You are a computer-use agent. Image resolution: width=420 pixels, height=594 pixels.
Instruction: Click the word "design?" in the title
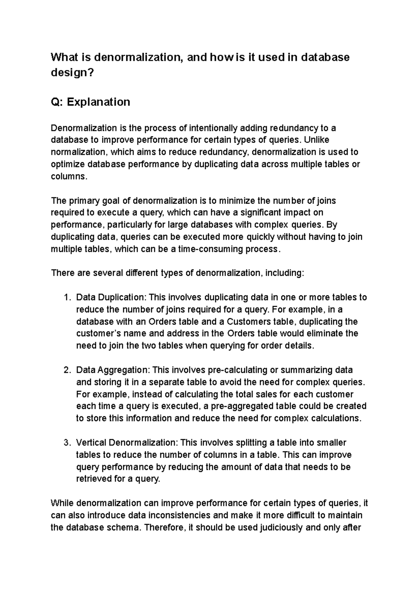pyautogui.click(x=72, y=73)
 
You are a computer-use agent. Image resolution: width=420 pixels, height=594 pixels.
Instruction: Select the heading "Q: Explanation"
pyautogui.click(x=90, y=102)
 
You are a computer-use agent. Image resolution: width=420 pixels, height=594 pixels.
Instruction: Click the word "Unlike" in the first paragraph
pyautogui.click(x=316, y=140)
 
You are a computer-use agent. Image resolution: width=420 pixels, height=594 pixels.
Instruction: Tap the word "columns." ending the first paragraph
pyautogui.click(x=68, y=176)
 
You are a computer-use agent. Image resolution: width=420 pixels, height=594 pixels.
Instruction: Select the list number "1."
pyautogui.click(x=67, y=298)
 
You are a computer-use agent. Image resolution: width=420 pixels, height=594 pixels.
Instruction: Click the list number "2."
pyautogui.click(x=67, y=370)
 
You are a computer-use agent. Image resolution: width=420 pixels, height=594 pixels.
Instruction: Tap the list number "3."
pyautogui.click(x=67, y=443)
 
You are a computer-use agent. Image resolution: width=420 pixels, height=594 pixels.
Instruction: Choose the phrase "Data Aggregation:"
pyautogui.click(x=113, y=370)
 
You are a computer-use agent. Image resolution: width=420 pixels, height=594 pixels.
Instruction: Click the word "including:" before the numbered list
pyautogui.click(x=285, y=273)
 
